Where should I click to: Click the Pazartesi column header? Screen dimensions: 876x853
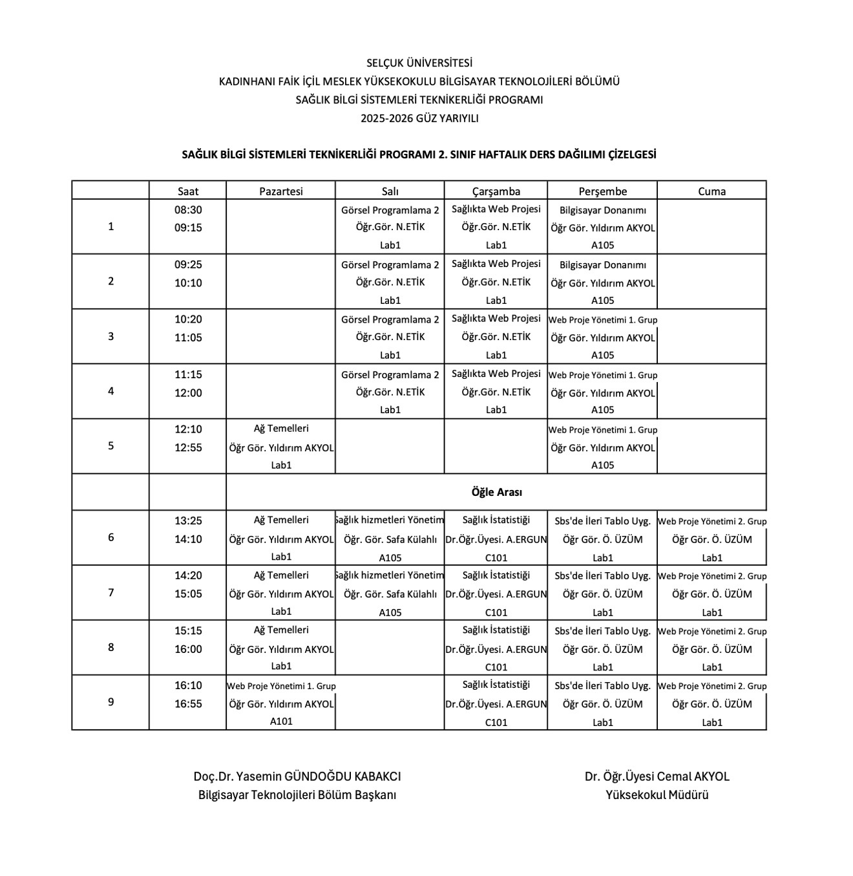pos(280,191)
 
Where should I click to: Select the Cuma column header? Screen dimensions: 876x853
pos(711,191)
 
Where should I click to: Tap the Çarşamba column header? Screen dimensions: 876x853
pos(496,191)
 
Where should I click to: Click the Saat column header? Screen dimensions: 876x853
pos(188,191)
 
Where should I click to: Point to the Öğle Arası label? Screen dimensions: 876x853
pos(496,492)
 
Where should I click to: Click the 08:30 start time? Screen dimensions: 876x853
pos(188,209)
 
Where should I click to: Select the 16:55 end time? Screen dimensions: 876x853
pos(188,704)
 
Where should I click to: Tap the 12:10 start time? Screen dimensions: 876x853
pos(188,429)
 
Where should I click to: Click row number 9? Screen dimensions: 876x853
pos(111,702)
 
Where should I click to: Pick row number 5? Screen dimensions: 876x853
pos(111,446)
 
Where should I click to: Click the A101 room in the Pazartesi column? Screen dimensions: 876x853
pos(281,721)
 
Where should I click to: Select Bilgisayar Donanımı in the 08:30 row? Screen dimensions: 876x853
pos(602,210)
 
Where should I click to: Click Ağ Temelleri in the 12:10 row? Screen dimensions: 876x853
pos(281,429)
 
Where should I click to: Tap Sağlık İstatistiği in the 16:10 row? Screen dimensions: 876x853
pos(496,685)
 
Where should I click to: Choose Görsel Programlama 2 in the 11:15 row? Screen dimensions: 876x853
pos(390,375)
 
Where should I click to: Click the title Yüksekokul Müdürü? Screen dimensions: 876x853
pos(657,795)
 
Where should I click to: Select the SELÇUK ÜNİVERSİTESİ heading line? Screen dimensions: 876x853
pos(419,63)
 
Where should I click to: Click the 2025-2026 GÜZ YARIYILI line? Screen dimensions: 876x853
pos(419,118)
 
